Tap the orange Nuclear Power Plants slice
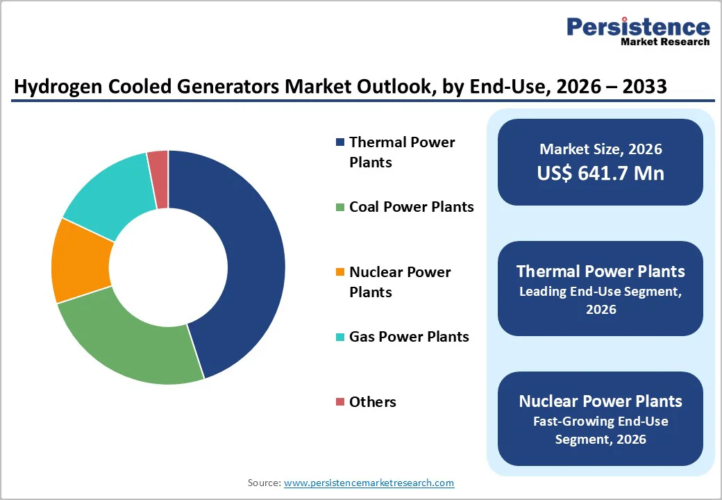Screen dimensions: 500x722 [x=80, y=260]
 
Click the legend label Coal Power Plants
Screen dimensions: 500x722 [x=411, y=207]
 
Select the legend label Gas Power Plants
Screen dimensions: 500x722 [x=409, y=337]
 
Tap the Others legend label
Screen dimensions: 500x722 [x=373, y=402]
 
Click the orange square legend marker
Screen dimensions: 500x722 [x=339, y=272]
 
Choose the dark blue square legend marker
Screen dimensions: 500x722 [x=339, y=142]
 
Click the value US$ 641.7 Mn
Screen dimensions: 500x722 [x=601, y=174]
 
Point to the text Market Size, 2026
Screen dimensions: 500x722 [x=601, y=149]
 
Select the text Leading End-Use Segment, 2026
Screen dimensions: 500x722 [x=601, y=300]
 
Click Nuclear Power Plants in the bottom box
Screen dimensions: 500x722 [x=601, y=401]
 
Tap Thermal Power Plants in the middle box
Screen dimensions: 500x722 [x=601, y=272]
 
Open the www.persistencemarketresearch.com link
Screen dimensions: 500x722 [x=369, y=483]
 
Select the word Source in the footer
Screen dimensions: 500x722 [x=263, y=483]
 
